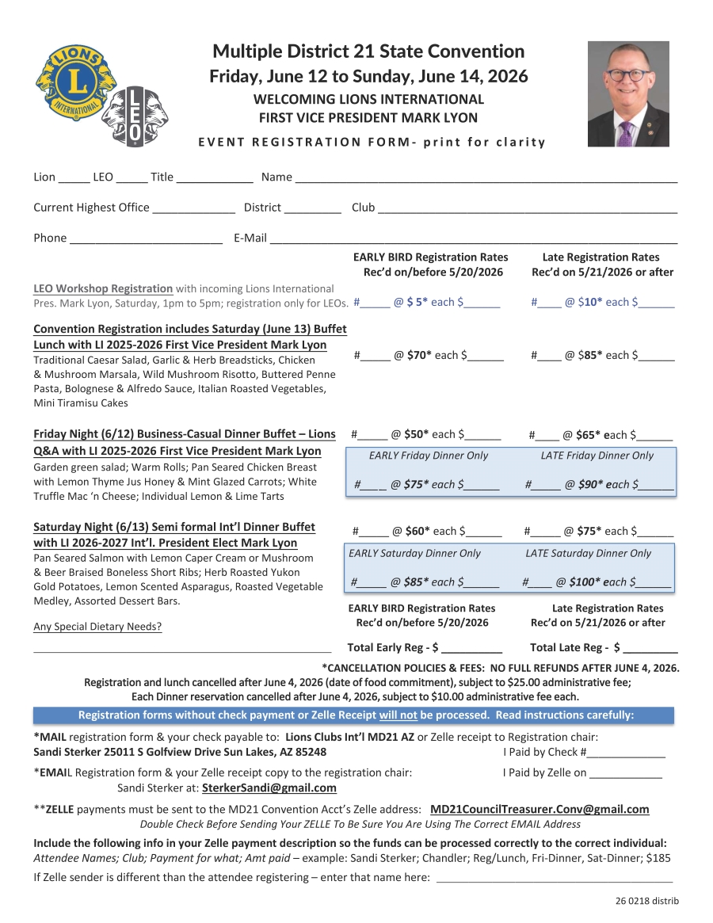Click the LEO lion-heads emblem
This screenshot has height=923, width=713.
click(x=135, y=116)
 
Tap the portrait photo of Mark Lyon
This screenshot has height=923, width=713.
click(x=627, y=93)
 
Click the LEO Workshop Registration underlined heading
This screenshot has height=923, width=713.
click(x=103, y=288)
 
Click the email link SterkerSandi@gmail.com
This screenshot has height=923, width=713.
click(x=269, y=788)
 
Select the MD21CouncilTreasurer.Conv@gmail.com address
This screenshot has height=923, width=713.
click(x=540, y=809)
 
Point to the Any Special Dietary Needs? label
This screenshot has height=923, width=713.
click(x=97, y=627)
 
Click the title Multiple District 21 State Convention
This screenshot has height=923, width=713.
click(x=368, y=51)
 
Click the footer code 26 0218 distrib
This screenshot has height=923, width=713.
click(x=646, y=901)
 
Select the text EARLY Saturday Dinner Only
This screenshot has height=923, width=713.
click(x=414, y=553)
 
